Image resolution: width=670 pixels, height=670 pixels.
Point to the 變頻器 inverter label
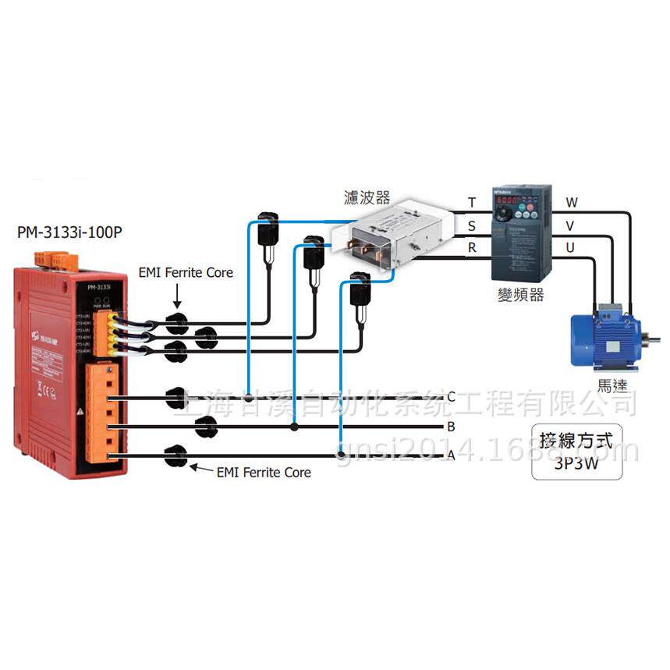520,295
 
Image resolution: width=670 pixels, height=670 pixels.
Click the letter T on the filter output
471,203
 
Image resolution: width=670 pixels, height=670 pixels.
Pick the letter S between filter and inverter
471,226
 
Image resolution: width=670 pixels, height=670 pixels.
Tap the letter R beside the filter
471,248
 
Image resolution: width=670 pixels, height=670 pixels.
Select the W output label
572,203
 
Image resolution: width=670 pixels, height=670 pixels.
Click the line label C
450,396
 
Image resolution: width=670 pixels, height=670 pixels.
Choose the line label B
450,427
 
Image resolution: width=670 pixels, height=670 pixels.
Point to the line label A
450,456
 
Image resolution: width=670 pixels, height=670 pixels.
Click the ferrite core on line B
206,426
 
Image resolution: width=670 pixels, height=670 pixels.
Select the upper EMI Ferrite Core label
186,272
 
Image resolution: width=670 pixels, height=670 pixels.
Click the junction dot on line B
293,427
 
